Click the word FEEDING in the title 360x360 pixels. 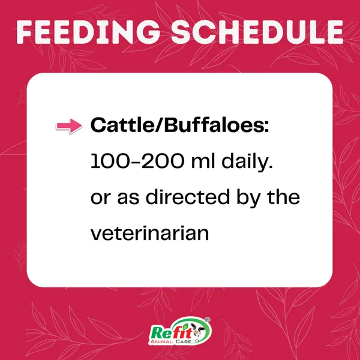click(x=88, y=32)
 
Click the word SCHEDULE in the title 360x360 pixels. click(x=257, y=32)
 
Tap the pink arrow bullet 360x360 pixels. click(x=69, y=126)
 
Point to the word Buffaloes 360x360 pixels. click(x=214, y=125)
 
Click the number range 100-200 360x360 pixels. click(x=137, y=161)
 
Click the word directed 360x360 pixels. click(x=188, y=197)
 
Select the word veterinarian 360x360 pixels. click(x=149, y=233)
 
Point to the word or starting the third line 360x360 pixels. click(x=101, y=199)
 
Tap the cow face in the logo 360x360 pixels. click(x=197, y=331)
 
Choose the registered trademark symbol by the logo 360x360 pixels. click(x=207, y=320)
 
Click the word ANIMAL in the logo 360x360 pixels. click(x=161, y=341)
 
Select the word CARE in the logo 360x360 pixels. click(x=183, y=341)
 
